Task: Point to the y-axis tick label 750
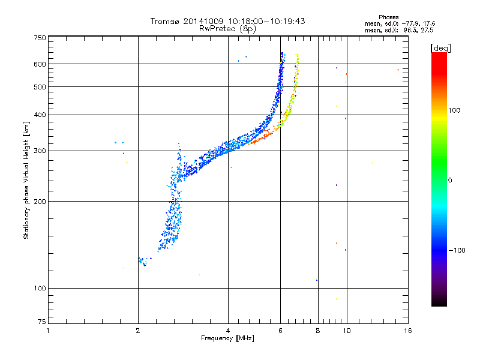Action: pos(40,37)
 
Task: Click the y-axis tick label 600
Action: pos(40,64)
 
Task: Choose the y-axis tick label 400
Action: pos(40,115)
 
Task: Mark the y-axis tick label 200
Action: pos(40,202)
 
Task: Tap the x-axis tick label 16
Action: pos(407,331)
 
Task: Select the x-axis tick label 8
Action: pos(318,331)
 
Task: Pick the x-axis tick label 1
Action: pos(49,331)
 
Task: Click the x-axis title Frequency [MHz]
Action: pos(227,339)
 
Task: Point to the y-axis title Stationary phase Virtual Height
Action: pos(26,180)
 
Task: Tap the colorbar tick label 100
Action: pos(455,110)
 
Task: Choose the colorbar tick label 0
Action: pos(451,180)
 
